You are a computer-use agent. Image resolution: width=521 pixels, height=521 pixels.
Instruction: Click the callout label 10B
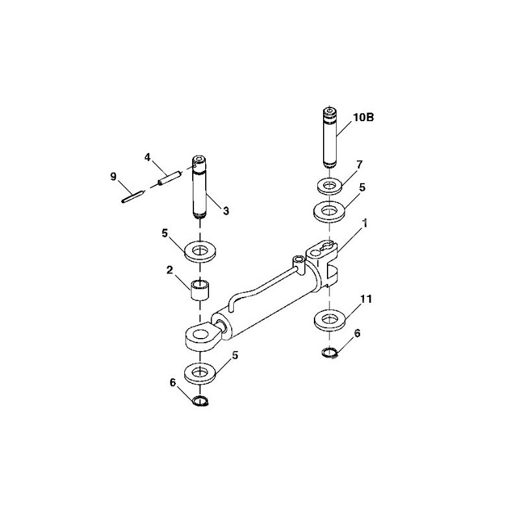coord(363,118)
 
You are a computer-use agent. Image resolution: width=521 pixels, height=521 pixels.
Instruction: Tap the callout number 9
coord(113,176)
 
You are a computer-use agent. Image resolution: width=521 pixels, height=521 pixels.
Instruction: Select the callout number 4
coord(148,157)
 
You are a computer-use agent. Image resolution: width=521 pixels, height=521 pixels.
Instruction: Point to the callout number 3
coord(226,210)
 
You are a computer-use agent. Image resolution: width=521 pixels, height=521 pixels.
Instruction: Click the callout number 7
coord(359,165)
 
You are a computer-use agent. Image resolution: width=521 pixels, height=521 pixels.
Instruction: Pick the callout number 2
coord(170,270)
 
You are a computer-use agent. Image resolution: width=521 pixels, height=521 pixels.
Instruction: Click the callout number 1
coord(365,223)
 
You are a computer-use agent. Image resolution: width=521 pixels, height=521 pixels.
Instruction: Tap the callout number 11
coord(366,299)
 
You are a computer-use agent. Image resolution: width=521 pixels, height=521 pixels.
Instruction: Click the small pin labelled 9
coord(132,196)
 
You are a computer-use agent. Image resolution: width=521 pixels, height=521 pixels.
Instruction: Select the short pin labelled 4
coord(169,178)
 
